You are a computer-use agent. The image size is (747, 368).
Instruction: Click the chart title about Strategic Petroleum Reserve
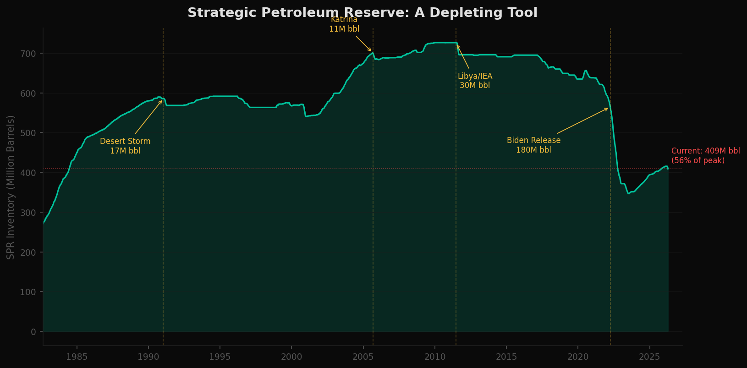click(x=362, y=13)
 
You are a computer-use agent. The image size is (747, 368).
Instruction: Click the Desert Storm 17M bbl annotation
click(x=125, y=146)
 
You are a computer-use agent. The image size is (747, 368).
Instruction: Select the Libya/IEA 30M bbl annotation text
click(x=475, y=81)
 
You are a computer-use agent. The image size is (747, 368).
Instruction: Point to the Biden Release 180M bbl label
click(x=533, y=145)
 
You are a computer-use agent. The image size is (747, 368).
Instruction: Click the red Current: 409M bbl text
click(x=705, y=156)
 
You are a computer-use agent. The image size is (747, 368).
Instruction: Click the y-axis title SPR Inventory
click(x=11, y=187)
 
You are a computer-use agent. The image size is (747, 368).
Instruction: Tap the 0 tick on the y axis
click(x=33, y=332)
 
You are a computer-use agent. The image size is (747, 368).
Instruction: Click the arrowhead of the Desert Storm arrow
click(x=162, y=101)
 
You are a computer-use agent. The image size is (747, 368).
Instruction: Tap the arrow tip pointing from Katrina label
click(x=372, y=51)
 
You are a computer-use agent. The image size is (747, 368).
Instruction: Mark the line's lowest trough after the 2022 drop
click(x=629, y=193)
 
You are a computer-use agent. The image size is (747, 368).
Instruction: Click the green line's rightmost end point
click(x=668, y=169)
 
